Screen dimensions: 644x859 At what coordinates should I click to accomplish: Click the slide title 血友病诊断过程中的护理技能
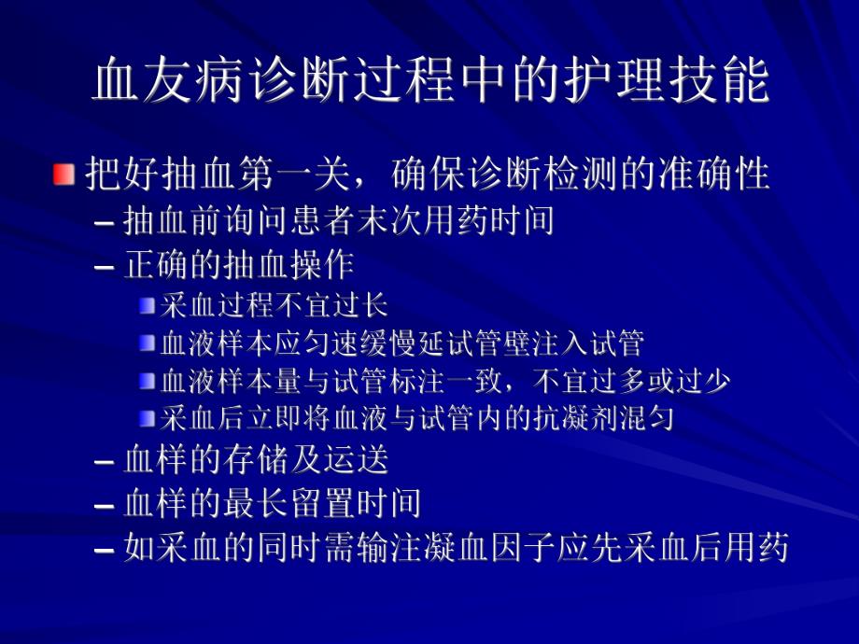[430, 82]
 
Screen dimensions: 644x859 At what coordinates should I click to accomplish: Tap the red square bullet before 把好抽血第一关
[63, 175]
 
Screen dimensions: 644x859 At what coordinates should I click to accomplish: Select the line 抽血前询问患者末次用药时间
[339, 221]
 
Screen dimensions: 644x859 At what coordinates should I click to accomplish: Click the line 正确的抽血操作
[238, 266]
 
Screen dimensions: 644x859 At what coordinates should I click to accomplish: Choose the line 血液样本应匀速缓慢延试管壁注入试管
[402, 343]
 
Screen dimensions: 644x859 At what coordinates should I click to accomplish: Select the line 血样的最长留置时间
[272, 504]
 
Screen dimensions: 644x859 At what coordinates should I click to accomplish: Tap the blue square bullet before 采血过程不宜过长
[147, 305]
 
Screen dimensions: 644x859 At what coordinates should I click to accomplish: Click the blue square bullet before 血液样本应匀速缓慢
[147, 343]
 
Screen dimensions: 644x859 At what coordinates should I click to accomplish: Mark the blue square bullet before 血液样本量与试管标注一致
[147, 381]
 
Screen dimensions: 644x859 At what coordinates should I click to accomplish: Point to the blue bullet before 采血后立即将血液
[147, 418]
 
